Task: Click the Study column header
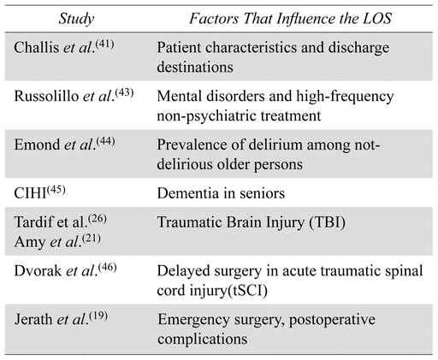(x=76, y=19)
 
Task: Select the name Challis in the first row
(x=37, y=47)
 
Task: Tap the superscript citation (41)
(x=105, y=44)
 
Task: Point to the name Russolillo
(x=46, y=96)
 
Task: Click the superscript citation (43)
(x=124, y=92)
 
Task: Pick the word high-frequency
(x=345, y=97)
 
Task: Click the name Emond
(x=37, y=145)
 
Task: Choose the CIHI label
(x=30, y=193)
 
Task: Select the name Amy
(x=30, y=243)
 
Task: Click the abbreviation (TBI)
(x=328, y=222)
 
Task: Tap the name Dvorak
(x=38, y=270)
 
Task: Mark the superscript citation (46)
(x=108, y=267)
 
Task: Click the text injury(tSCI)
(x=228, y=292)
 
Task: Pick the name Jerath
(x=33, y=319)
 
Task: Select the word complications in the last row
(x=203, y=339)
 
